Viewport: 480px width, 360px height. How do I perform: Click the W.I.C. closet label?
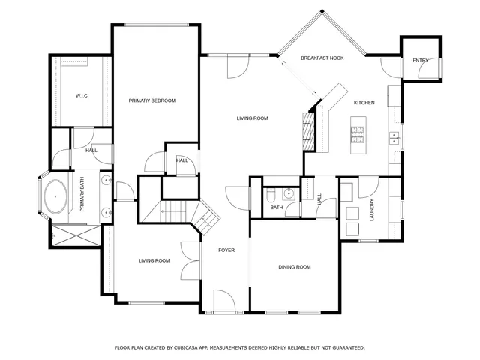click(x=82, y=96)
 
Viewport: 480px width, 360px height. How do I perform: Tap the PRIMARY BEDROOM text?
click(x=151, y=100)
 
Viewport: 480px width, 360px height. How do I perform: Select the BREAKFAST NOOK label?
click(x=322, y=58)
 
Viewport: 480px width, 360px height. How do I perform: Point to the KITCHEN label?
click(x=364, y=103)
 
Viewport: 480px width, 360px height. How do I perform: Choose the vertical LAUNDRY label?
click(x=371, y=211)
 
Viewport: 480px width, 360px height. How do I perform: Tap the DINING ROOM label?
click(x=294, y=266)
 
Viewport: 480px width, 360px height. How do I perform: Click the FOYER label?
click(x=226, y=250)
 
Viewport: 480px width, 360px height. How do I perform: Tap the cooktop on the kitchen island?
click(x=357, y=135)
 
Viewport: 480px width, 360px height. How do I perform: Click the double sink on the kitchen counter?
click(x=392, y=136)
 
